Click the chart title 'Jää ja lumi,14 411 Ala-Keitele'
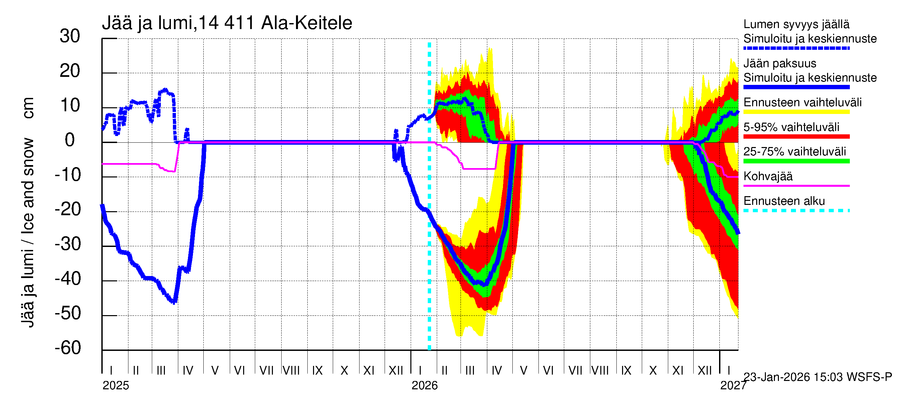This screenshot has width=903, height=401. click(227, 23)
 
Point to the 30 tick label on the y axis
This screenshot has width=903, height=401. click(70, 36)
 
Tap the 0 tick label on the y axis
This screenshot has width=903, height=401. click(70, 140)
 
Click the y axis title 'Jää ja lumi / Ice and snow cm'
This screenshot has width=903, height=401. click(27, 212)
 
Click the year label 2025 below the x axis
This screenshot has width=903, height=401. click(116, 386)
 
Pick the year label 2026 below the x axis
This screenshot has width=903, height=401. click(424, 386)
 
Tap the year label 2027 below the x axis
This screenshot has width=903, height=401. click(733, 386)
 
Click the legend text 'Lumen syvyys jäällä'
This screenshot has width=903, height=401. click(796, 24)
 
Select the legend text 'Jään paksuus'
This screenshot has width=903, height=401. click(780, 63)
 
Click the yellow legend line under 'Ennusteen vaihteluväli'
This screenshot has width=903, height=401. click(796, 112)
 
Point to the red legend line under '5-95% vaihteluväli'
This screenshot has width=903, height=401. click(796, 137)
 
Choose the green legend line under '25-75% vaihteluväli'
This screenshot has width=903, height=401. click(796, 161)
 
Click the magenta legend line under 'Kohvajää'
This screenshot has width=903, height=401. click(796, 185)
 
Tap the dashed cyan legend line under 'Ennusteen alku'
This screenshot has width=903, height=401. click(796, 211)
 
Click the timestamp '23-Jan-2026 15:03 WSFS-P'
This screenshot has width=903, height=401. click(818, 377)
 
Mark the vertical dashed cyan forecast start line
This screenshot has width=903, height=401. click(429, 245)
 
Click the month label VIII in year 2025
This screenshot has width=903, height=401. click(291, 371)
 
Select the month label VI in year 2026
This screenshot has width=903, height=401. click(548, 371)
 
